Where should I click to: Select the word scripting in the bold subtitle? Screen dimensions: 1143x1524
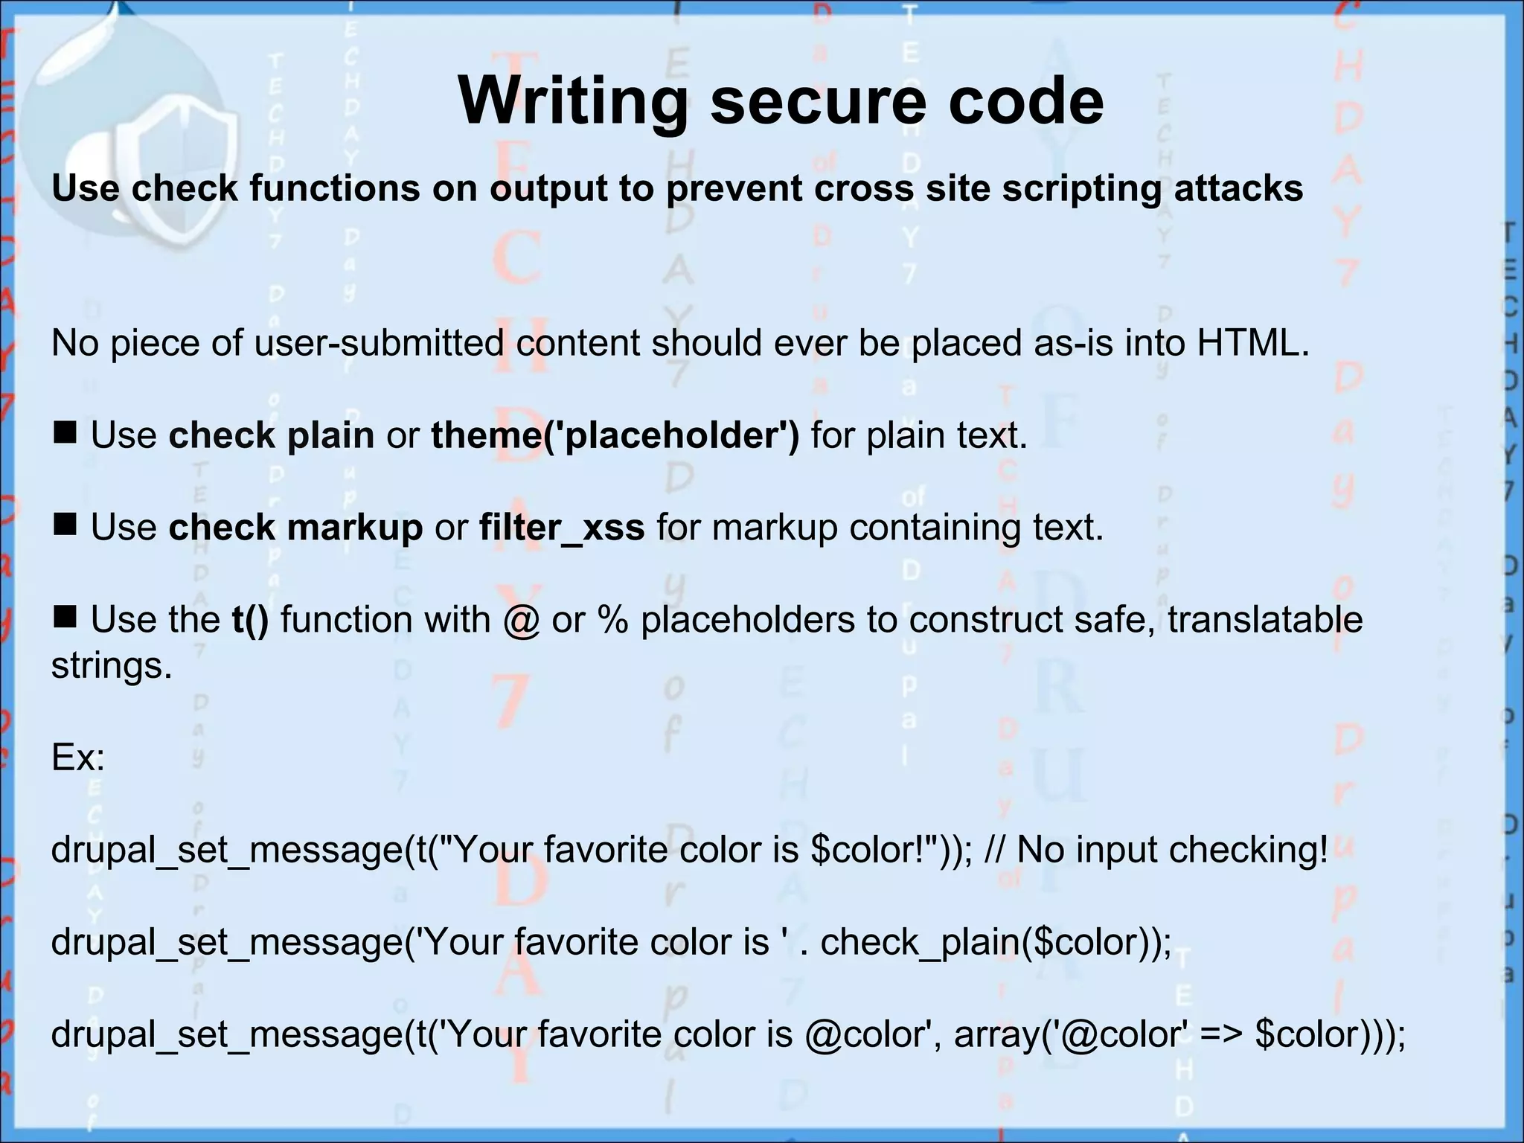click(1081, 188)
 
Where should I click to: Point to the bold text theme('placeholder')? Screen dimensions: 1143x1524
click(615, 435)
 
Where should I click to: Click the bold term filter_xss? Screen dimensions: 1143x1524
click(562, 528)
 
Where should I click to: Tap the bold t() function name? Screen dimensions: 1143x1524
click(250, 620)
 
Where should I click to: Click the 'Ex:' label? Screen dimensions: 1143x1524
click(78, 758)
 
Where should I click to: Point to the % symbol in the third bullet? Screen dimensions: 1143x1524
click(612, 620)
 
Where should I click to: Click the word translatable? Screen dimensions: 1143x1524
click(1264, 620)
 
